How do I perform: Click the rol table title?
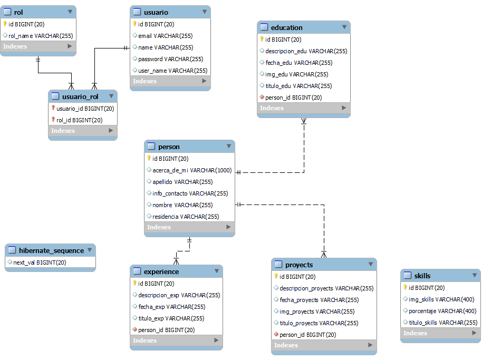pos(18,12)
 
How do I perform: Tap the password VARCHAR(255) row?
pos(170,59)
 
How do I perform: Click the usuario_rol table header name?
pos(80,96)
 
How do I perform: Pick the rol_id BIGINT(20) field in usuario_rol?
pos(79,120)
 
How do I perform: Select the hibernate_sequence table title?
pos(51,250)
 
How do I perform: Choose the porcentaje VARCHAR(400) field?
pos(442,311)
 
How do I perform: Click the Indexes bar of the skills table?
pos(440,333)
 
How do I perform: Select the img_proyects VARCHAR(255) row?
pos(317,312)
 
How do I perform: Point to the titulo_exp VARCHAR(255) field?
pos(171,318)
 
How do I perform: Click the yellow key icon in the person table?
pos(149,158)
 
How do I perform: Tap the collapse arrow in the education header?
pos(344,27)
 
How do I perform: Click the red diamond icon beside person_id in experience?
pos(135,330)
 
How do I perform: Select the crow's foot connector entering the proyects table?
pos(324,254)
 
